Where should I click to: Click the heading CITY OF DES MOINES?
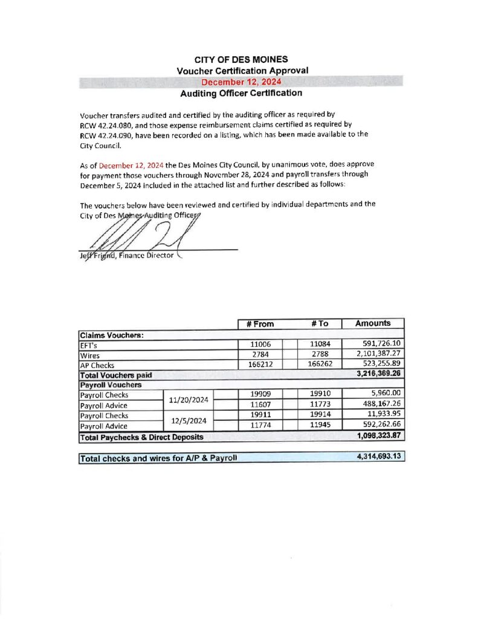pos(241,59)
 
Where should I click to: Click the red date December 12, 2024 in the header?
pos(241,82)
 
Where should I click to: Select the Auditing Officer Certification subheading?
pos(241,93)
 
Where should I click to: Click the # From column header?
pos(260,323)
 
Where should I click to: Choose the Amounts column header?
pos(372,323)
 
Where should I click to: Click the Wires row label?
pos(89,355)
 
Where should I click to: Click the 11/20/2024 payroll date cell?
pos(189,400)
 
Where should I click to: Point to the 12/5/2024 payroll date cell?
pos(189,420)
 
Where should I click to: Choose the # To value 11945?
pos(320,426)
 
